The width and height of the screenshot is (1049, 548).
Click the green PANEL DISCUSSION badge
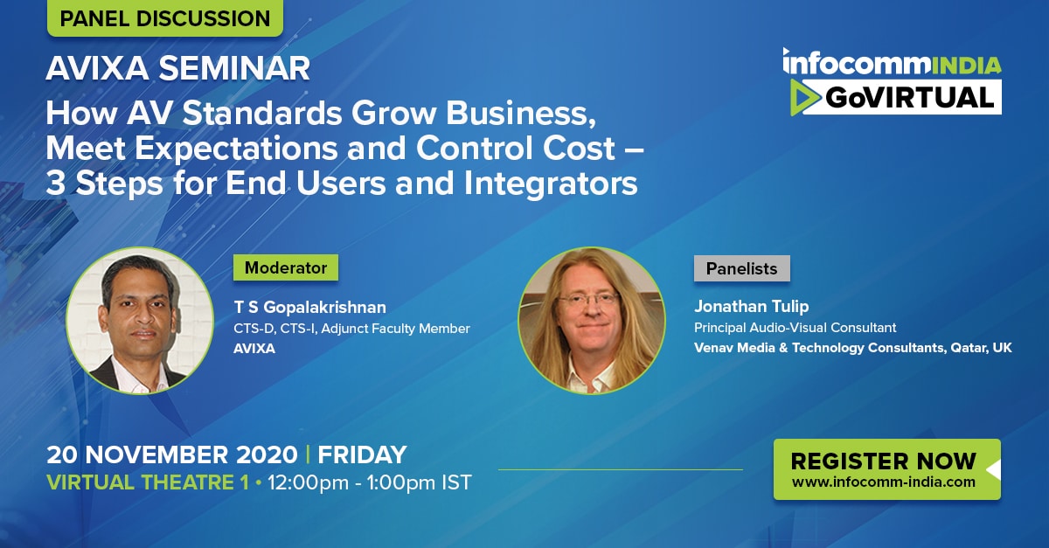coord(165,17)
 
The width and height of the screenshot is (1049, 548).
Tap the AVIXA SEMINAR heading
coord(178,68)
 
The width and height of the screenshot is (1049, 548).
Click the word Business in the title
coord(521,114)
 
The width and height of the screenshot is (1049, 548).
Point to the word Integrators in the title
coord(551,183)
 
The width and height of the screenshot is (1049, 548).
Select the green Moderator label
coord(286,267)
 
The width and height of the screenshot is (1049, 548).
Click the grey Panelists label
coord(742,268)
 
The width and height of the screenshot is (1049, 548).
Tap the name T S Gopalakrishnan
coord(310,308)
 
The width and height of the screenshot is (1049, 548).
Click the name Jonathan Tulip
coord(751,306)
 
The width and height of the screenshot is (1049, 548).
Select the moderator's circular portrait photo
coord(140,321)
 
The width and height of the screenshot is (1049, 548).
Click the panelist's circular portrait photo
coord(592,321)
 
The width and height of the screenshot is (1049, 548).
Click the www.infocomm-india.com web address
coord(883,482)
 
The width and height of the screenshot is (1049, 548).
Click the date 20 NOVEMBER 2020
coord(172,455)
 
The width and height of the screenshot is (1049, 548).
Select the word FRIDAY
coord(362,455)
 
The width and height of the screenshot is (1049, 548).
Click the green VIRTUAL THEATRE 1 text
coord(148,482)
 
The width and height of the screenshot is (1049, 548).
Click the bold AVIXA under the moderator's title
coord(254,349)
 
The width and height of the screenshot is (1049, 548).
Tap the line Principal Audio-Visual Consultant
coord(795,328)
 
